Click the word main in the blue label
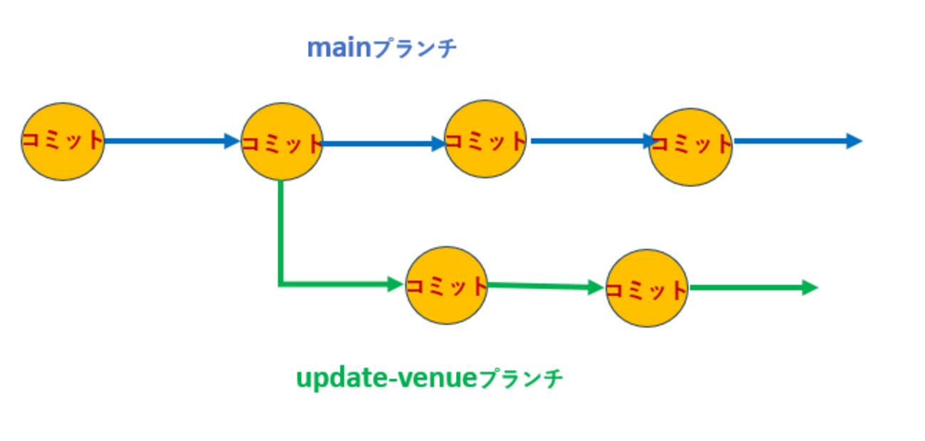click(339, 48)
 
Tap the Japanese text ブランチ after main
click(415, 49)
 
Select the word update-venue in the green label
click(385, 378)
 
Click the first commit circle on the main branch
click(63, 142)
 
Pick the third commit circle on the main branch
click(485, 139)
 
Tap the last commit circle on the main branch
click(690, 147)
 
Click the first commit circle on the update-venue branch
click(446, 286)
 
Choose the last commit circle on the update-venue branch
click(647, 288)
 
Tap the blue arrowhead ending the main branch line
click(854, 141)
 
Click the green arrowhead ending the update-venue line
click(810, 288)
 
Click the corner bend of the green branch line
click(281, 285)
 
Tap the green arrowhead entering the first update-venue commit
click(396, 285)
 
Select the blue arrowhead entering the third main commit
click(437, 144)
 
